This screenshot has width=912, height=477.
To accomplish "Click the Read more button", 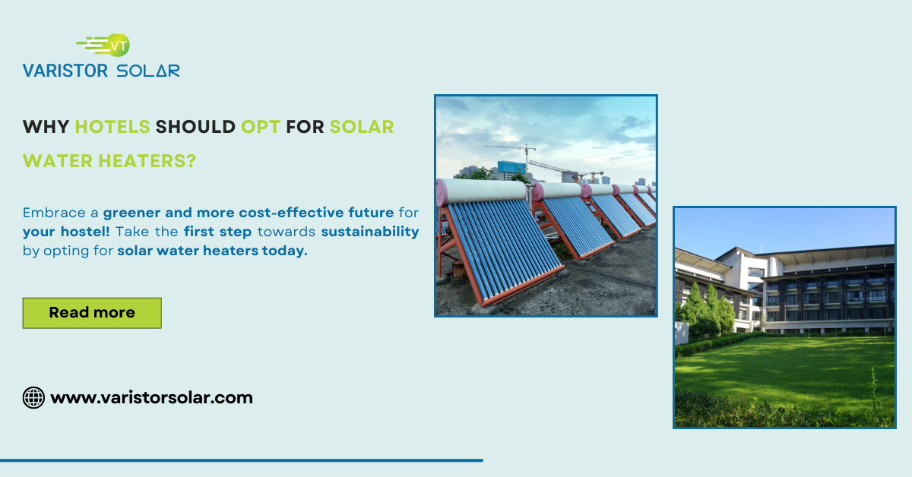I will point(92,313).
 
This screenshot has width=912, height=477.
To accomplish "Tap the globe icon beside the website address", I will point(33,397).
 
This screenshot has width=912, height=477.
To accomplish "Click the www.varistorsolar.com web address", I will point(151,397).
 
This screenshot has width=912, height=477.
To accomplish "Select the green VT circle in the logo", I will point(119,45).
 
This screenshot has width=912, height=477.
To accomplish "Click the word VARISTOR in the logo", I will point(65,71).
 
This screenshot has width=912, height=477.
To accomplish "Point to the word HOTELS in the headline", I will point(112,127).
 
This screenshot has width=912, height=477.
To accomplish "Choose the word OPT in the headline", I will point(261,127).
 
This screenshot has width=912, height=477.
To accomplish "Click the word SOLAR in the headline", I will point(362,127).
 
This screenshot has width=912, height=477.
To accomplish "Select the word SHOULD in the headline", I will point(195,127).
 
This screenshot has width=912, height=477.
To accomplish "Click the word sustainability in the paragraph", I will point(369,231).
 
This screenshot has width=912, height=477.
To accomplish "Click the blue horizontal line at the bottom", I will point(241,460).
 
